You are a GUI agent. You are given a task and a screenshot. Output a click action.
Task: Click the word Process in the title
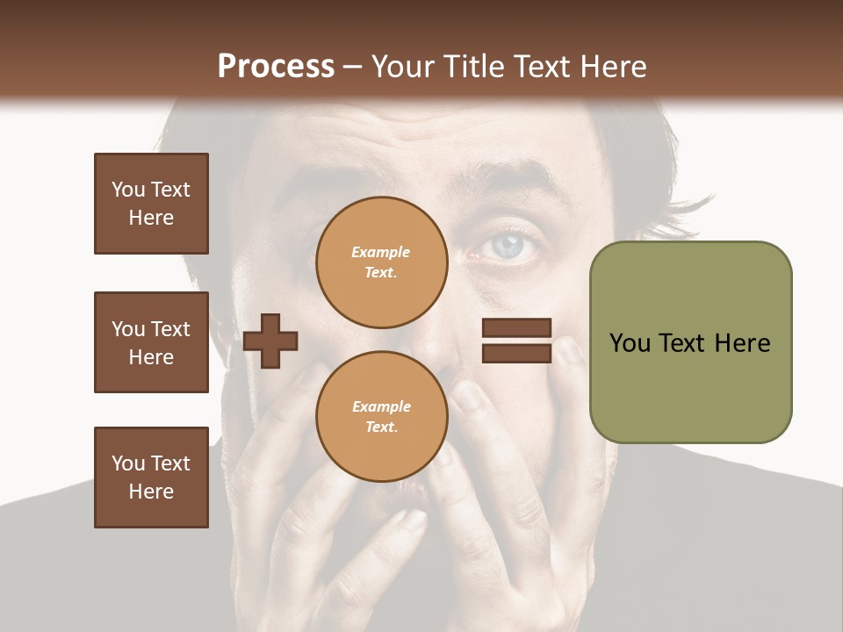[276, 67]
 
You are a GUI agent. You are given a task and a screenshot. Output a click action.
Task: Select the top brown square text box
[151, 204]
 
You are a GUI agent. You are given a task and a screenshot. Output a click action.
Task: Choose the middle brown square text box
[151, 342]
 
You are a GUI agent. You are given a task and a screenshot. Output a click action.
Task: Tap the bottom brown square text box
[151, 478]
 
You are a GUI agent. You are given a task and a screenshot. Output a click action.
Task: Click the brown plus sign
[270, 340]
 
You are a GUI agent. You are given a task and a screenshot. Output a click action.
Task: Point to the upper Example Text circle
[381, 262]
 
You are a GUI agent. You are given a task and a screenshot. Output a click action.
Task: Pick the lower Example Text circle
[381, 417]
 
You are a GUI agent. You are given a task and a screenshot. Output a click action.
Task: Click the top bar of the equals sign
[516, 328]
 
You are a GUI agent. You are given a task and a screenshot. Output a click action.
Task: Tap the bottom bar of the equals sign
[516, 353]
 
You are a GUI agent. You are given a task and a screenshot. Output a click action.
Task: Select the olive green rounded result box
[690, 342]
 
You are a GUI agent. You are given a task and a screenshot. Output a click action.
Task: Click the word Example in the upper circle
[381, 252]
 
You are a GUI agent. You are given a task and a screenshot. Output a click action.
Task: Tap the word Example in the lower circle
[381, 406]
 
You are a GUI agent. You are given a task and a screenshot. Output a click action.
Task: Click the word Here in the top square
[151, 218]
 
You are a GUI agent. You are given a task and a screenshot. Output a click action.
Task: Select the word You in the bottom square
[128, 463]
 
